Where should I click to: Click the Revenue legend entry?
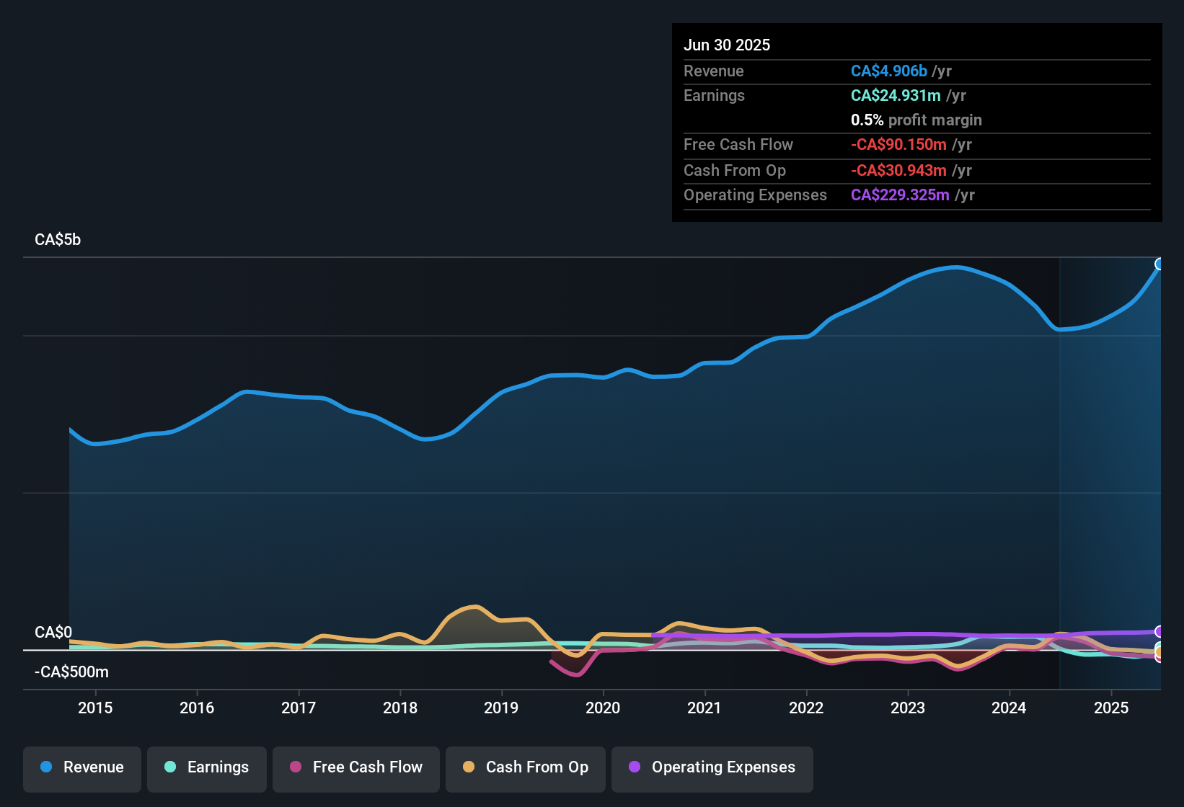point(82,767)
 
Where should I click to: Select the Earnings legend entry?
point(207,767)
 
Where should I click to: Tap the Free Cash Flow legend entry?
point(356,767)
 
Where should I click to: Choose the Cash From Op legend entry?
point(526,767)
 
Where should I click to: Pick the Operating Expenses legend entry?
point(712,767)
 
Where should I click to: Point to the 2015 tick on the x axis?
point(95,708)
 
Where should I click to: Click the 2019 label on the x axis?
point(501,708)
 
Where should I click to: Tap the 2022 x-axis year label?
point(806,708)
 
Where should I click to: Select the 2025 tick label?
point(1111,708)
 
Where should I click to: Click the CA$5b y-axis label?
point(58,240)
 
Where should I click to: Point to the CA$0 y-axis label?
point(53,632)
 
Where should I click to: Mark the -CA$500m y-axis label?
point(71,672)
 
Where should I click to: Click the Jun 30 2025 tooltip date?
point(727,45)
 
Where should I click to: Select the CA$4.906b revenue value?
point(889,71)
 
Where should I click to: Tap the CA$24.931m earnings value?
point(896,96)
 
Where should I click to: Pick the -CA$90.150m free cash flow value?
point(898,145)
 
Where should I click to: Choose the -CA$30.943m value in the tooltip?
point(898,171)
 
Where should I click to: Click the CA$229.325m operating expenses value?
point(900,195)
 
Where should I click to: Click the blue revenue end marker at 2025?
point(1159,264)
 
